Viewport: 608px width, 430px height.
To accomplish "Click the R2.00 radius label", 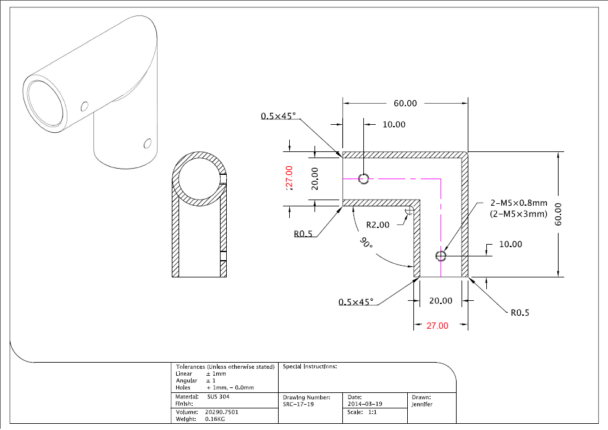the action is tap(378, 225).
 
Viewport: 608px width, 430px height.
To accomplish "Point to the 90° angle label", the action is tap(366, 243).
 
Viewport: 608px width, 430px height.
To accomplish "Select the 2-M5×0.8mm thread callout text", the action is tap(519, 203).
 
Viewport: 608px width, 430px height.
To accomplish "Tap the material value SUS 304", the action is tap(218, 397).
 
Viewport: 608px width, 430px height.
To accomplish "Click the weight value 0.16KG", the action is tap(215, 419).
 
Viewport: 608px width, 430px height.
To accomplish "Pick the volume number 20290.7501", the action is tap(221, 412).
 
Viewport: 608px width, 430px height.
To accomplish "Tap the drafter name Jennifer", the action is tap(422, 405).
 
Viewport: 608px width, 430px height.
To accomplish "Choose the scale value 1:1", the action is tap(372, 412).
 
